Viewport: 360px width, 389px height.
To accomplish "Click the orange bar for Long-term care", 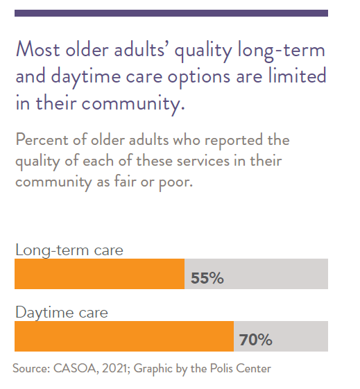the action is click(x=99, y=274).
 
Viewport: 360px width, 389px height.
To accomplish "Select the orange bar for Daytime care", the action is click(x=124, y=336).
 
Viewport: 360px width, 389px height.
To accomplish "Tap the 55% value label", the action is click(x=207, y=278).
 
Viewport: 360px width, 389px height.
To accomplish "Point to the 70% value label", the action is click(x=255, y=340).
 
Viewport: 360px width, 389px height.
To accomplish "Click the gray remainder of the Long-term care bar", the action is click(x=256, y=274).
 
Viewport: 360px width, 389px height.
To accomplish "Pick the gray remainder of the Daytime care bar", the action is click(x=281, y=336).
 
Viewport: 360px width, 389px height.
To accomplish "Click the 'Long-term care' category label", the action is click(x=69, y=250).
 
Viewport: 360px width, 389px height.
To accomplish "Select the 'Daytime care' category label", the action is click(x=62, y=313).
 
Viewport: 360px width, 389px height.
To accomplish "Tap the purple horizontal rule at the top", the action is click(x=171, y=13).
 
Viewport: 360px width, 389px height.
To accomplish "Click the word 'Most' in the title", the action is click(x=37, y=49).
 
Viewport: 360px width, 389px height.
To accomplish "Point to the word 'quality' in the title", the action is click(x=203, y=51).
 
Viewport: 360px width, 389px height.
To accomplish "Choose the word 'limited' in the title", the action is click(x=298, y=76).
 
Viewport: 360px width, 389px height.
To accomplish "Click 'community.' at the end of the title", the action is click(x=133, y=104).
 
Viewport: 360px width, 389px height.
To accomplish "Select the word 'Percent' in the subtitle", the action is click(x=42, y=139).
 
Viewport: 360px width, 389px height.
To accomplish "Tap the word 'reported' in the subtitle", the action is click(x=234, y=141).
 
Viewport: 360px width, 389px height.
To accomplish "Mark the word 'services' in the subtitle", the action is click(x=203, y=162).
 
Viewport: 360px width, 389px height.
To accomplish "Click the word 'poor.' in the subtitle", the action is click(x=175, y=183).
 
